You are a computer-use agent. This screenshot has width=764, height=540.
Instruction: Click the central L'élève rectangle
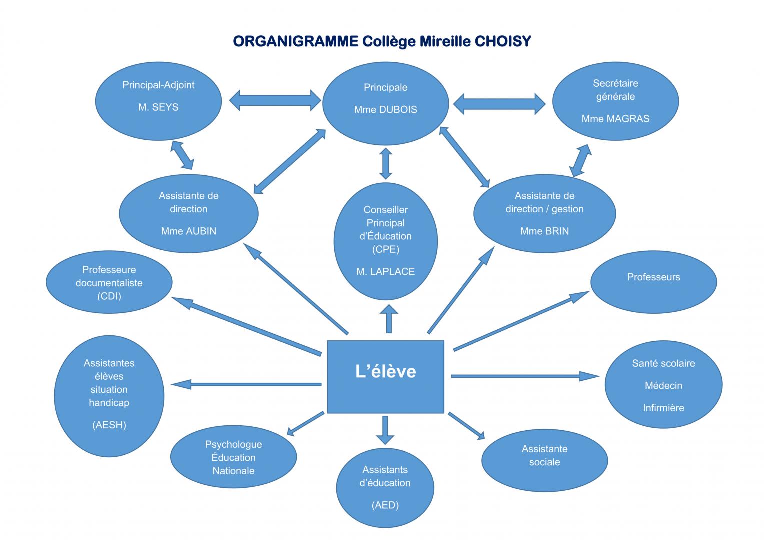pos(385,377)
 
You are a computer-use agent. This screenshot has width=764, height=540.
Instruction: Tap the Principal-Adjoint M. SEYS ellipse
pos(158,101)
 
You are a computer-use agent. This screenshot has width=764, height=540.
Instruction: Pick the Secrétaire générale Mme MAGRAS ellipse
pos(615,101)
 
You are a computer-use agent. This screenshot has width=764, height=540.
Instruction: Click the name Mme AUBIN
pos(189,231)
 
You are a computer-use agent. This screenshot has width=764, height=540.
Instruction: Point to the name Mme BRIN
pos(544,231)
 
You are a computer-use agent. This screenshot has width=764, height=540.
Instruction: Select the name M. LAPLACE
pos(385,272)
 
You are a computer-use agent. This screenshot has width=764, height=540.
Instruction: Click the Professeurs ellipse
pos(653,282)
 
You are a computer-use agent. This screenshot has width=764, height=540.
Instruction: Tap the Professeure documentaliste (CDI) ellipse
pos(109,282)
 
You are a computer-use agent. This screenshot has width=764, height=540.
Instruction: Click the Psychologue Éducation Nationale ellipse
pos(233,457)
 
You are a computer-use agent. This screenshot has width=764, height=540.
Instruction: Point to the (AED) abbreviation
pos(385,505)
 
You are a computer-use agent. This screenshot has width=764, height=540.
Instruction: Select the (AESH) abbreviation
pos(109,425)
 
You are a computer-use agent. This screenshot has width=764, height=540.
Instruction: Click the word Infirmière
pos(663,408)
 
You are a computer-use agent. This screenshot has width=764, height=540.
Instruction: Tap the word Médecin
pos(663,386)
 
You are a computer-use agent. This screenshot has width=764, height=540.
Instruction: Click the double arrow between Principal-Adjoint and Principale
pos(275,100)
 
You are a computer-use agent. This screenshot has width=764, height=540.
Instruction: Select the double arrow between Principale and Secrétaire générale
pos(499,104)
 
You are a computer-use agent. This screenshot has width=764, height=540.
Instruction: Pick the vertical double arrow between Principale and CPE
pos(385,162)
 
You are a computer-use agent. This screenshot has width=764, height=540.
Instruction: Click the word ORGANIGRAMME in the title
pos(295,41)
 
